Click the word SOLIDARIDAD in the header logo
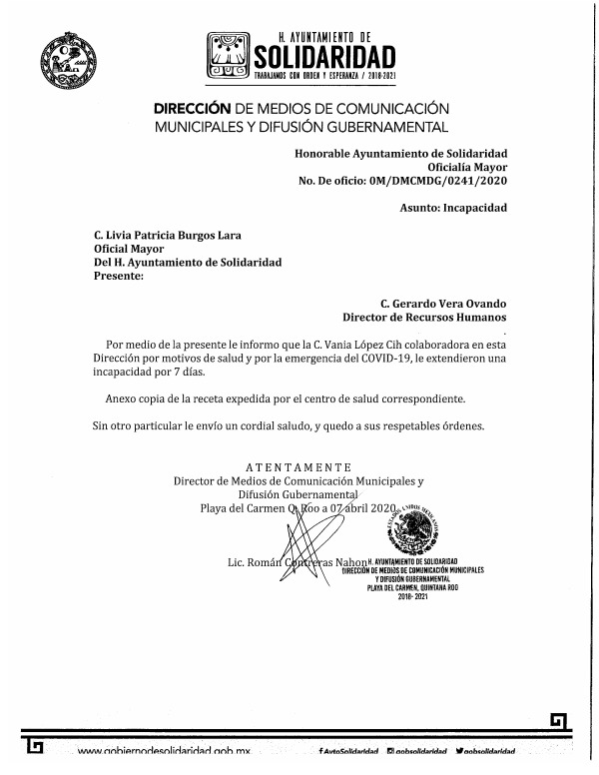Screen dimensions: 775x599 point(324,54)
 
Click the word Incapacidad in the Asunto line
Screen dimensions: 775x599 point(474,208)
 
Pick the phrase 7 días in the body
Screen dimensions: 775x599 point(180,371)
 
